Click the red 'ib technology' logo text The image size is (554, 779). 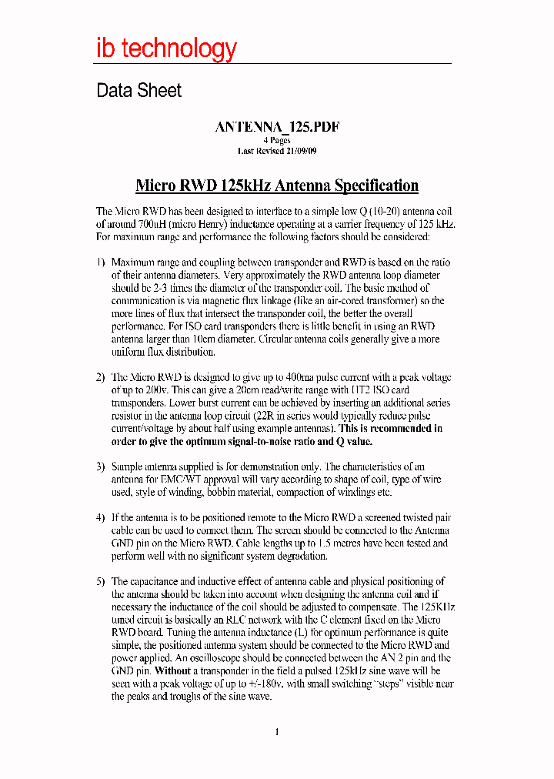coord(166,48)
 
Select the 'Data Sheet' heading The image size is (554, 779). coord(138,91)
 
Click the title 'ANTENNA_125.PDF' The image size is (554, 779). coord(277,128)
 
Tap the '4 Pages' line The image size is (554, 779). coord(277,141)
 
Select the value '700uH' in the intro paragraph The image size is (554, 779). coord(142,224)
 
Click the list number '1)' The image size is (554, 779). coord(100,262)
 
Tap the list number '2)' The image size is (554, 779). coord(100,377)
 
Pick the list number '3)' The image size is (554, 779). coord(100,466)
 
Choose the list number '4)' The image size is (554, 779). coord(100,518)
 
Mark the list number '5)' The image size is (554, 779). coord(100,582)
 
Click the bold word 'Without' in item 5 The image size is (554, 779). coord(172,671)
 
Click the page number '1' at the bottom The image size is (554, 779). coord(276,732)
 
